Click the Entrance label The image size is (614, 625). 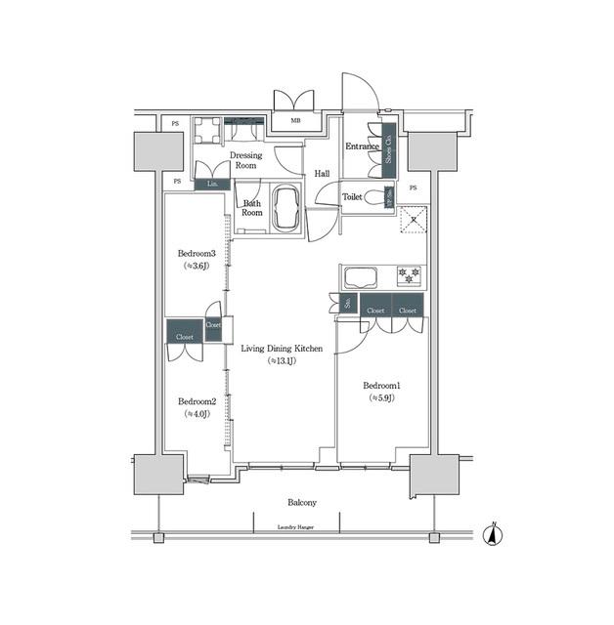coord(361,146)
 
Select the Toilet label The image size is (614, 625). coord(352,196)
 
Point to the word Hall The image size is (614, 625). coord(321,174)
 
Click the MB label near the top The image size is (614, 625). coord(295,122)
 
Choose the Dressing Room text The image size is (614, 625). coord(244,160)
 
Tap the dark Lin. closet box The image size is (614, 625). coord(212,183)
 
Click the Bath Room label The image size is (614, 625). coord(252,208)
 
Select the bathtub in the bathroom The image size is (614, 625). coord(287,209)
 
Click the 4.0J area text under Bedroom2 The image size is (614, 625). coord(197,414)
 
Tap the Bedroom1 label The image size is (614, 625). coord(382,385)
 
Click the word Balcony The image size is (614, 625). coord(301,503)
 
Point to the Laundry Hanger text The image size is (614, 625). coord(301,527)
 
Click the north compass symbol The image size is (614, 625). coord(494,533)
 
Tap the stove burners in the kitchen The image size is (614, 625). coord(409,274)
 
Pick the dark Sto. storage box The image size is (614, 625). coord(348,304)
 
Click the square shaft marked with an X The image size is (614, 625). coord(415,220)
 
